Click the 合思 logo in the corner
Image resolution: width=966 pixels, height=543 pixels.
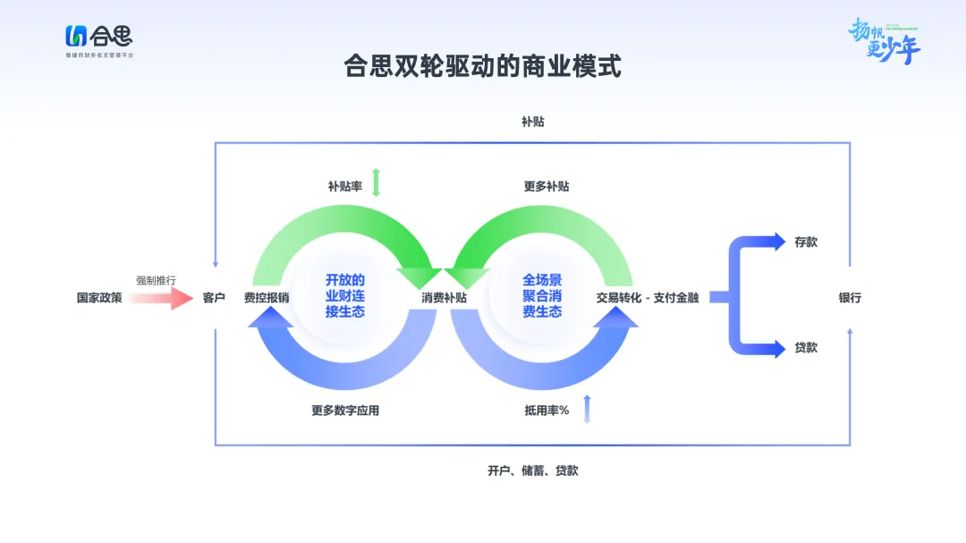tap(98, 38)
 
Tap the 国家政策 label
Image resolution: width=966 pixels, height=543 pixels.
tap(99, 298)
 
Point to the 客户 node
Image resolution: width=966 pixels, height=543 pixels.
tap(215, 298)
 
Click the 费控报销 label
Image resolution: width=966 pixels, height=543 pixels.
tap(267, 298)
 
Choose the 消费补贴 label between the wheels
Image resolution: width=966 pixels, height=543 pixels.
tap(444, 298)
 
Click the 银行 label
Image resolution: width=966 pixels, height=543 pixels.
tap(850, 298)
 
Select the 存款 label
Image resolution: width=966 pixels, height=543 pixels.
tap(806, 242)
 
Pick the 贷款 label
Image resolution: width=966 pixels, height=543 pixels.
tap(806, 347)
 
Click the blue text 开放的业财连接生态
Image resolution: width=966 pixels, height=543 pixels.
tap(345, 296)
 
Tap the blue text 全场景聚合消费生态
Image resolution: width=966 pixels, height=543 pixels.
tap(542, 296)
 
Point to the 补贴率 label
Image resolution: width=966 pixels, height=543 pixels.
tap(343, 187)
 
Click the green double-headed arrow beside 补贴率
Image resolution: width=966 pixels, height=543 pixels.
tap(377, 182)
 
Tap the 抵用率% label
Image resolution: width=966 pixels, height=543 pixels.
tap(547, 411)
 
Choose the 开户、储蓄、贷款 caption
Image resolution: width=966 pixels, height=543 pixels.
tap(532, 471)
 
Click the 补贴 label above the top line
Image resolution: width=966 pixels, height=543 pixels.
tap(532, 122)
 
